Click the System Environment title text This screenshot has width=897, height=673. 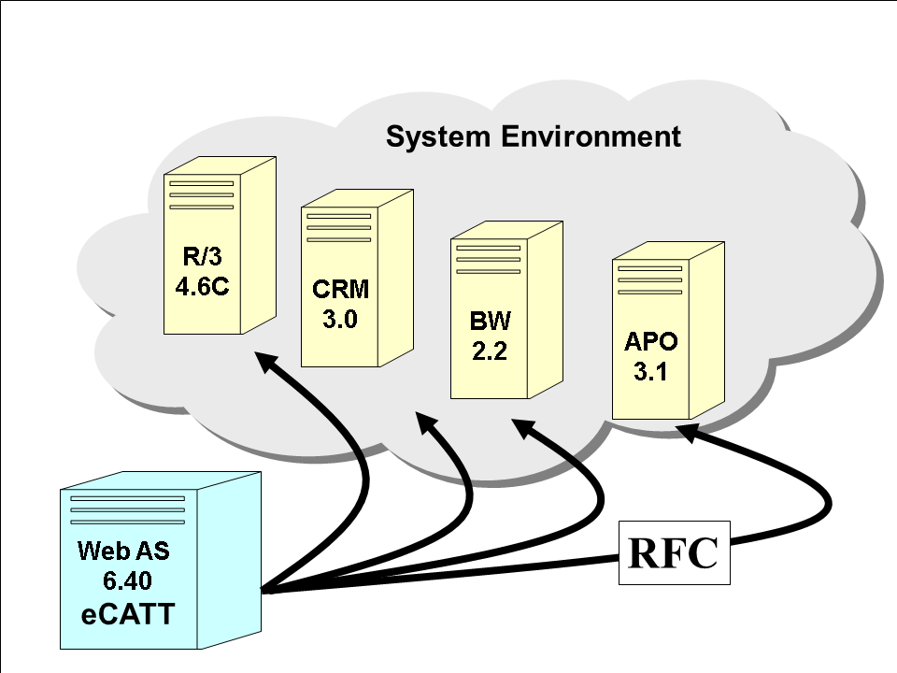click(533, 137)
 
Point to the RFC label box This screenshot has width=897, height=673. click(673, 554)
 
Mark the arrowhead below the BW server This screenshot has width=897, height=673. click(524, 431)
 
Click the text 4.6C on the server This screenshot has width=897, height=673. click(202, 285)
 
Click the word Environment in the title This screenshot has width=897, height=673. click(591, 137)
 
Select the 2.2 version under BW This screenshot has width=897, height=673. click(491, 352)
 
